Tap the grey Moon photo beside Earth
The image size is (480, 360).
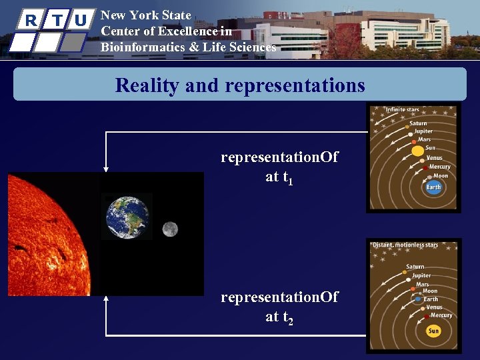169,229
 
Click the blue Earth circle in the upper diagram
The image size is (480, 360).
434,187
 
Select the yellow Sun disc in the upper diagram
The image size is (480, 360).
418,151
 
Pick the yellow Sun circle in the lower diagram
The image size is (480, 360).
434,331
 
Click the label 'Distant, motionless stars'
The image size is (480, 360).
405,245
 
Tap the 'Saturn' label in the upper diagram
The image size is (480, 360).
418,123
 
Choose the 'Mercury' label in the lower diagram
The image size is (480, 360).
441,315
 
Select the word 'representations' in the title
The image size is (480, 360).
295,85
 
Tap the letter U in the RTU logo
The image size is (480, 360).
80,20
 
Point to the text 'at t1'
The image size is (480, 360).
279,178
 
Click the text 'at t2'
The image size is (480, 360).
279,318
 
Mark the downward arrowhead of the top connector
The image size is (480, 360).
105,169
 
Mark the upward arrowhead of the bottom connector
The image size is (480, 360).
105,300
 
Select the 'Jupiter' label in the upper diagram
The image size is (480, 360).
423,131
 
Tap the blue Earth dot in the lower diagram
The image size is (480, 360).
419,299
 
